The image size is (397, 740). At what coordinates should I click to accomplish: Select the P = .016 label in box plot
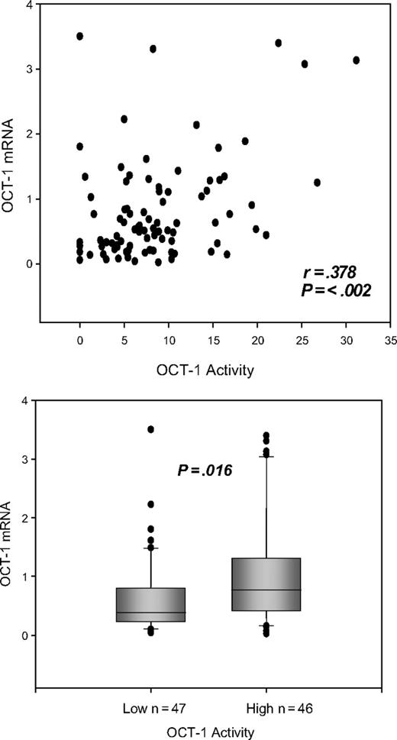[x=204, y=470]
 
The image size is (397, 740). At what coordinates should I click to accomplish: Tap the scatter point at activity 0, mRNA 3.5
[x=80, y=36]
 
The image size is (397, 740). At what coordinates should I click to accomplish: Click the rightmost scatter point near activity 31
[x=357, y=60]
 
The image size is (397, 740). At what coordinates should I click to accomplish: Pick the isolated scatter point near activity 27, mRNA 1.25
[x=317, y=183]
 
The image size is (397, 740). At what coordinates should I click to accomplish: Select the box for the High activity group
[x=266, y=584]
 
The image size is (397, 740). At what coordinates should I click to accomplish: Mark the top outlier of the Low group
[x=151, y=430]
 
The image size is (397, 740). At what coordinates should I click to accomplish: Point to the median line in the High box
[x=266, y=590]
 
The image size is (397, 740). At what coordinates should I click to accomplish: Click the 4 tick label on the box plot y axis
[x=26, y=401]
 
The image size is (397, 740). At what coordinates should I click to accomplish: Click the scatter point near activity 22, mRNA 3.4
[x=278, y=43]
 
